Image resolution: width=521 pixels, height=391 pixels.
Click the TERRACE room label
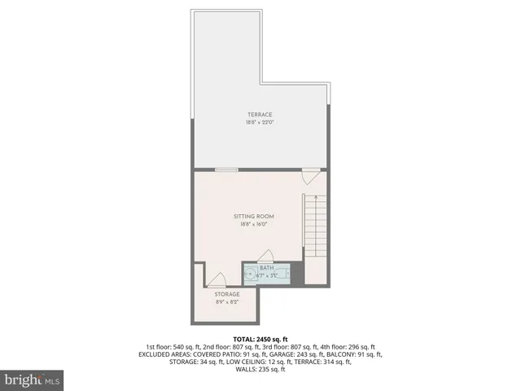point(260,115)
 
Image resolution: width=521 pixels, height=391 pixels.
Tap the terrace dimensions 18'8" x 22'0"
point(260,123)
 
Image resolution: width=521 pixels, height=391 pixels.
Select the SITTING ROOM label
point(253,216)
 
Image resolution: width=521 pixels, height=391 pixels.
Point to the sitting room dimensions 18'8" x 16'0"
point(253,224)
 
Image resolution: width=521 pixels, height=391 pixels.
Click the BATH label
point(267,268)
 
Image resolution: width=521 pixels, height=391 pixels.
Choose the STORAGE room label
point(227,294)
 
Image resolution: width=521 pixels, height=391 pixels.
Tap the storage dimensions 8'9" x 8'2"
point(227,302)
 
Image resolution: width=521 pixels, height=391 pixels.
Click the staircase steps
point(314,232)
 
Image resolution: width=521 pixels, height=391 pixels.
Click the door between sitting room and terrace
point(310,174)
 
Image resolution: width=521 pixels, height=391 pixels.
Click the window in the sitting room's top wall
point(226,169)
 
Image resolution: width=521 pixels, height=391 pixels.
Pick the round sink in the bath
point(250,274)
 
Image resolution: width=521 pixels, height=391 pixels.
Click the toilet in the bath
point(285,274)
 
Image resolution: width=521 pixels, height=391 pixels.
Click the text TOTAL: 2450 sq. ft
point(260,338)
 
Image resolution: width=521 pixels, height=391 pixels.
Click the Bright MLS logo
point(33,380)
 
